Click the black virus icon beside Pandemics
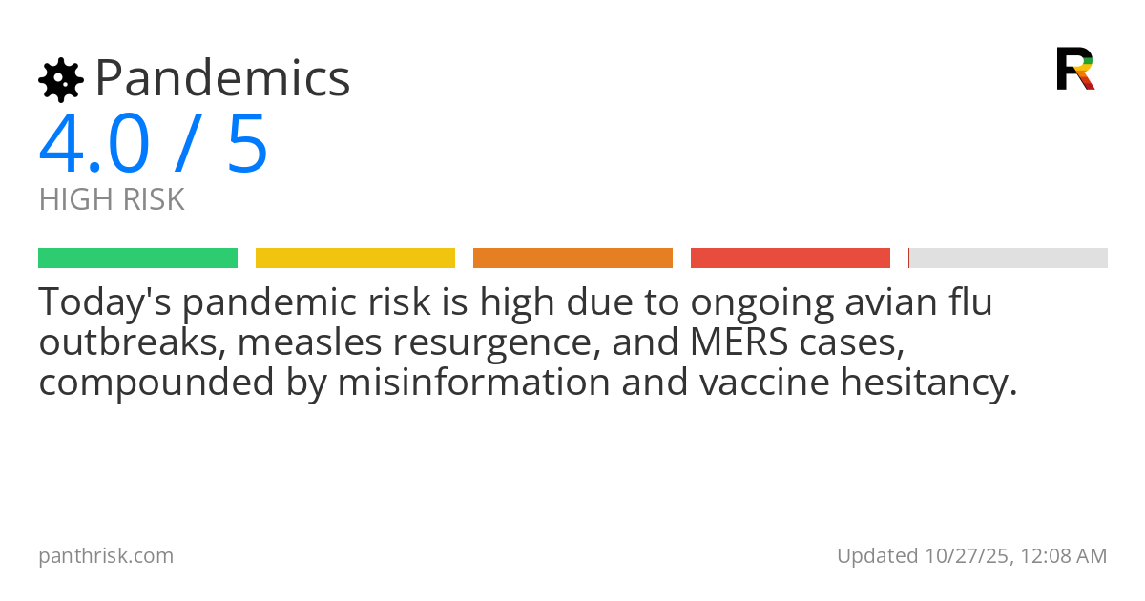(x=60, y=79)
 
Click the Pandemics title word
(x=223, y=78)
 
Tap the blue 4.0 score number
(x=94, y=144)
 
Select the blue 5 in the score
(x=248, y=144)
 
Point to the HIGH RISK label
(x=112, y=200)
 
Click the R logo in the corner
(x=1074, y=69)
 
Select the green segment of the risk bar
(x=137, y=259)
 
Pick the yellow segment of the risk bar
(x=355, y=259)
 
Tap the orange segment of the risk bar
(x=572, y=259)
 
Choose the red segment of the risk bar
(x=790, y=259)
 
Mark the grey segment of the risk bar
(x=1009, y=259)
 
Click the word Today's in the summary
(x=105, y=302)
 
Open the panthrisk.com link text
(x=106, y=555)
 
